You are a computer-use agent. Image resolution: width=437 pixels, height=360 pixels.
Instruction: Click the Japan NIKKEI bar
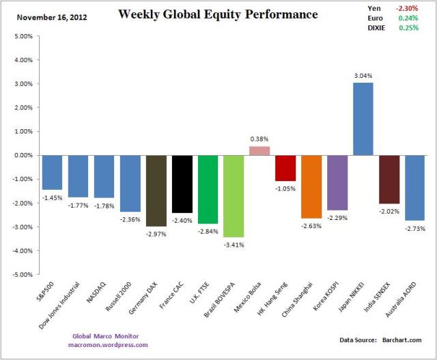coord(363,119)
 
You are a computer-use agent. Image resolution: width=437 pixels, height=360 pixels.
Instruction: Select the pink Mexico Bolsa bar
coord(259,151)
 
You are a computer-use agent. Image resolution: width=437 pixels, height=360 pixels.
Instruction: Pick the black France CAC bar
coord(182,184)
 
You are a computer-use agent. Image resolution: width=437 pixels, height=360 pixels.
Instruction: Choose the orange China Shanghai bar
coord(311,186)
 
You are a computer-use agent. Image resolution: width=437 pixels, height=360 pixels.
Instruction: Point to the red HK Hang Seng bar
coord(285,168)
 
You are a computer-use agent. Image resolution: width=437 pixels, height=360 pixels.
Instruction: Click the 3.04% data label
coord(363,76)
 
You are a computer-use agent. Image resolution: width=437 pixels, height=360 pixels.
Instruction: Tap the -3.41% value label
coord(234,243)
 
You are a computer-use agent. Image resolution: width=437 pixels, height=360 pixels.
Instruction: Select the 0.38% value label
coord(259,139)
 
